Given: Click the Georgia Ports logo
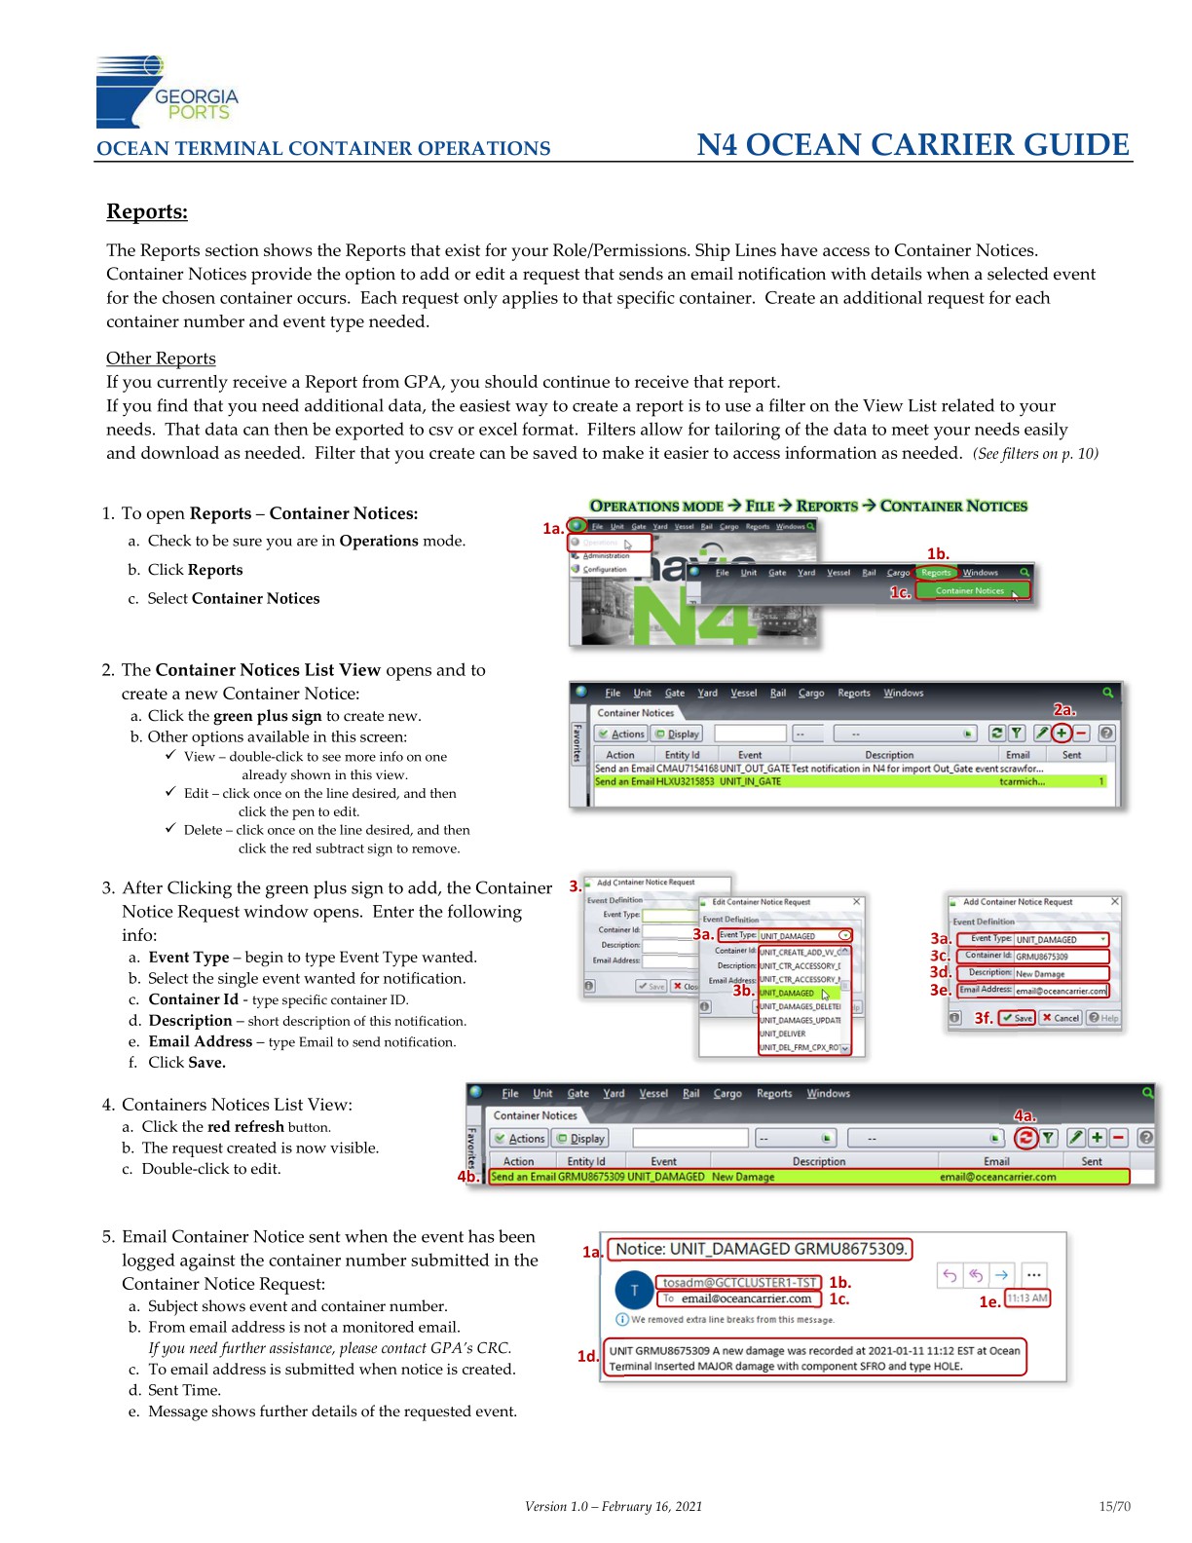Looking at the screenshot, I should (x=166, y=93).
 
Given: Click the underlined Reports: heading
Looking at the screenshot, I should (x=147, y=211).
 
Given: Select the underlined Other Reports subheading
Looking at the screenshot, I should (x=161, y=358).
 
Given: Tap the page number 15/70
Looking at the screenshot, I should (x=1114, y=1506).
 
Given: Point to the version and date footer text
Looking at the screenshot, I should (x=613, y=1506).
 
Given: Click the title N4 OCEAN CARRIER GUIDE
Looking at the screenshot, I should (x=913, y=145).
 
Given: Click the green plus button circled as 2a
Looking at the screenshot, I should (x=1062, y=734).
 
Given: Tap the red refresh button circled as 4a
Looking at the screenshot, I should (x=1024, y=1137).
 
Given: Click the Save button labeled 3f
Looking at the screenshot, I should (x=1017, y=1018).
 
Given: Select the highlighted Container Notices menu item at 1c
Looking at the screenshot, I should (x=970, y=590).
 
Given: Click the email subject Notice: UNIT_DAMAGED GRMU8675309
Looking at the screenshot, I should (x=761, y=1249).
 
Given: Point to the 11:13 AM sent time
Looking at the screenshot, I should (x=1027, y=1298).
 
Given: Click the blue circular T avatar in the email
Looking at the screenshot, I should (x=634, y=1291).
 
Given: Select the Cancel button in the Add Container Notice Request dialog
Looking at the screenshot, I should (x=1061, y=1018).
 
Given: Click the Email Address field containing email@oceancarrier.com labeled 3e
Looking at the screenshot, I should (x=1061, y=991).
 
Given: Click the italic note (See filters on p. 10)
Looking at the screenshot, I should (x=1035, y=454).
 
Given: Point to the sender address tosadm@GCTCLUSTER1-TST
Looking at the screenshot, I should (x=739, y=1282).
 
